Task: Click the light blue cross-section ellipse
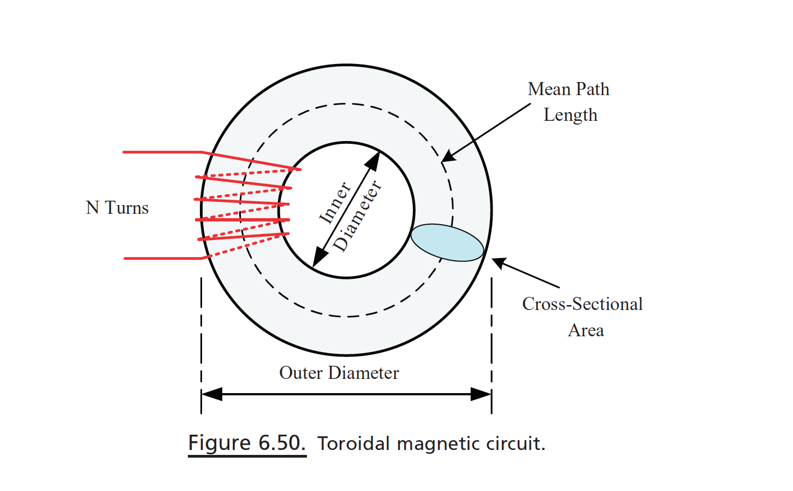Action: [447, 243]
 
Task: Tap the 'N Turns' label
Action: [117, 208]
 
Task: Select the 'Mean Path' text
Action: [569, 89]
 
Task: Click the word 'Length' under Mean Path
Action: [570, 115]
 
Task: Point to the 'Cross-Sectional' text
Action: [582, 304]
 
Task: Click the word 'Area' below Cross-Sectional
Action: [585, 330]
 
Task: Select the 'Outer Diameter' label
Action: [339, 373]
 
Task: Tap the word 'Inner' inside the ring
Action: [334, 203]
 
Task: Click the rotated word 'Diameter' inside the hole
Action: [358, 217]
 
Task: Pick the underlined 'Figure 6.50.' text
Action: [247, 443]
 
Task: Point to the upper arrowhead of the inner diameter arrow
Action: [373, 160]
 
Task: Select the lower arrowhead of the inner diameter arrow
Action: [319, 258]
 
